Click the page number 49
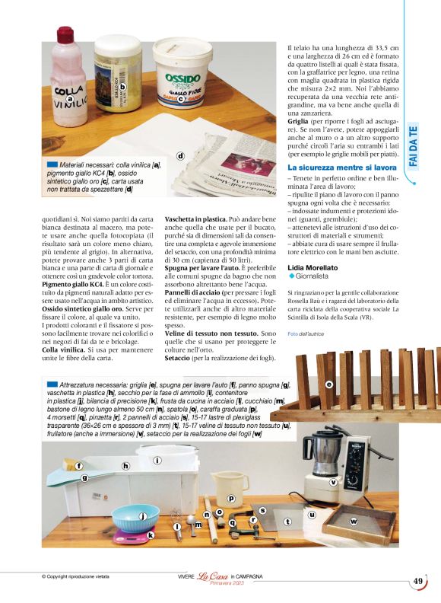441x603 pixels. click(418, 581)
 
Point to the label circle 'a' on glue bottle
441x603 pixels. click(71, 99)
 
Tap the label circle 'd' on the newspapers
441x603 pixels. click(181, 157)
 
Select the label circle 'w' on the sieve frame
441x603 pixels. click(353, 522)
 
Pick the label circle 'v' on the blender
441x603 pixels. click(333, 482)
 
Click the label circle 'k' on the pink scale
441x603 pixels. click(151, 535)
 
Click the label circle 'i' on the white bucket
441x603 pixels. click(157, 460)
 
